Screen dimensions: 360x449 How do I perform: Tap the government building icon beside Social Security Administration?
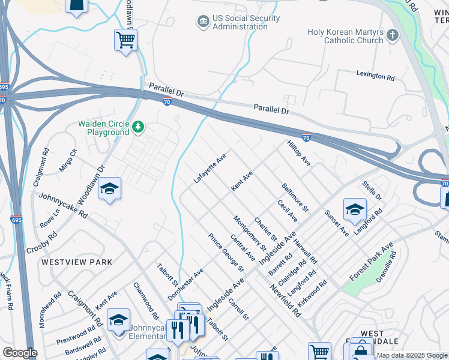[x=203, y=22]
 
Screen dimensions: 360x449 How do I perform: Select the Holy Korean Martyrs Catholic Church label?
[x=345, y=36]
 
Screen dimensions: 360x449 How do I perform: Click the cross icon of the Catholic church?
[x=393, y=35]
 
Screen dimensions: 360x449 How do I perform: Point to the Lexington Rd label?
[x=376, y=77]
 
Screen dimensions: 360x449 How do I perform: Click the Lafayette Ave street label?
[x=209, y=168]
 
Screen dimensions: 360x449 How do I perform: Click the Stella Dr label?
[x=372, y=189]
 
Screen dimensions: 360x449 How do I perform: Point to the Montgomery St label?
[x=250, y=233]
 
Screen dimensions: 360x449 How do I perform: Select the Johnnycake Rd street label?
[x=64, y=205]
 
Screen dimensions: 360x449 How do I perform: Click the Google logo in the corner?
[x=20, y=353]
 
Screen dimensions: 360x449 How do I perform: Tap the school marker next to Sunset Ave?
[x=355, y=210]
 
